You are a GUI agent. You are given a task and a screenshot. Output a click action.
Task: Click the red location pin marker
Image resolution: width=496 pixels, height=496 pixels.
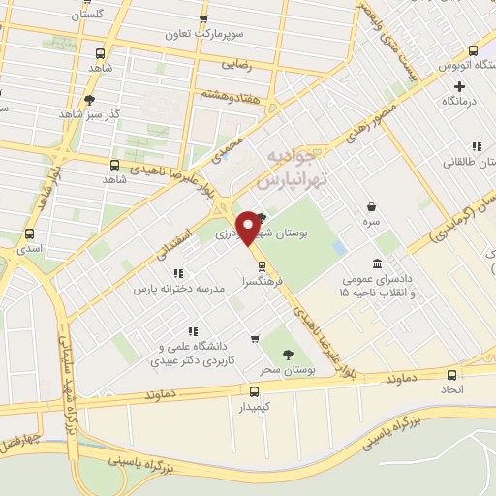[x=249, y=228]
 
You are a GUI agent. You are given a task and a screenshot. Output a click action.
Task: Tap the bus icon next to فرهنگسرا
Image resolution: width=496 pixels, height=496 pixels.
[x=261, y=264]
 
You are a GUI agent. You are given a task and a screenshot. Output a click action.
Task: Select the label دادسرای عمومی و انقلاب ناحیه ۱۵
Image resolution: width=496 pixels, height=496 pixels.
[x=377, y=286]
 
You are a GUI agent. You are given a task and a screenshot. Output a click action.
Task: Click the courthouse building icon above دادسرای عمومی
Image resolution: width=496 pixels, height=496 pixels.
[x=377, y=264]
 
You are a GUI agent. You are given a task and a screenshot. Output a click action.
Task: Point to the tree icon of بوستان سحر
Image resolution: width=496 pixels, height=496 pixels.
[x=288, y=356]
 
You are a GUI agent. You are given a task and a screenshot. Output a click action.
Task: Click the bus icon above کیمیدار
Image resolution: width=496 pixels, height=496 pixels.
[x=255, y=391]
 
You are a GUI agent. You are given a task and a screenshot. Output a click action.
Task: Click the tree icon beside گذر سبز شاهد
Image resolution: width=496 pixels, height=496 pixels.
[x=90, y=100]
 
